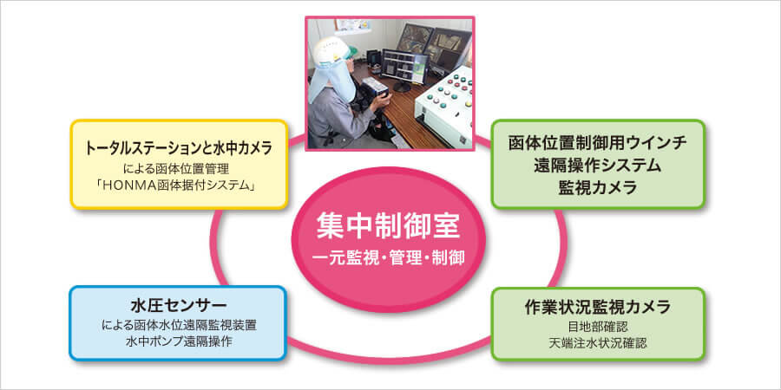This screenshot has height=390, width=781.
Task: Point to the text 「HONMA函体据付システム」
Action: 179,186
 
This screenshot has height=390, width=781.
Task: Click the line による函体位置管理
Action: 179,168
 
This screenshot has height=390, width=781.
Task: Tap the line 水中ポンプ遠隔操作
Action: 178,342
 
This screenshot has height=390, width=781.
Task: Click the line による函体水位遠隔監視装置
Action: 178,325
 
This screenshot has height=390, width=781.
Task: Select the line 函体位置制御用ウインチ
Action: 598,143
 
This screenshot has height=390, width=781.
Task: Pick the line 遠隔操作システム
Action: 598,166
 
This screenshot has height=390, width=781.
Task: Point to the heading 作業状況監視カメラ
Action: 598,307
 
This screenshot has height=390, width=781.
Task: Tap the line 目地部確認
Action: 598,327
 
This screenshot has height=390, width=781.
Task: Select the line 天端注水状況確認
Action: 598,343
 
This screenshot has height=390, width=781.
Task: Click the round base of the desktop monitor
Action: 401,88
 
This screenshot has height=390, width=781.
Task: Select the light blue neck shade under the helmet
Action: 325,80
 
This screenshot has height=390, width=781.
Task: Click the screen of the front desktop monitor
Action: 404,66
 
